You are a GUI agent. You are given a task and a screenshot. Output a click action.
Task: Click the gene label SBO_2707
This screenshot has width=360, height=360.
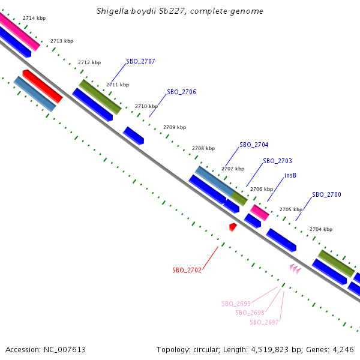pos(140,61)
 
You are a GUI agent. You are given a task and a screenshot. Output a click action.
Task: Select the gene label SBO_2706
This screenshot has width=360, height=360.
pos(181,92)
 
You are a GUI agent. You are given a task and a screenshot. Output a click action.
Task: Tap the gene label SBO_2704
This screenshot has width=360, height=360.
pos(254,145)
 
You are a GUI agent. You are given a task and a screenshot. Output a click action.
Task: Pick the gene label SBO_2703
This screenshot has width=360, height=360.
pos(277,161)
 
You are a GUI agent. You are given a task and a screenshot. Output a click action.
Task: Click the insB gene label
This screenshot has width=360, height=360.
pos(290,176)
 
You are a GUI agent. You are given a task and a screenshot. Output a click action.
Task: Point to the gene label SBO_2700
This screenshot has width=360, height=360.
pos(326,194)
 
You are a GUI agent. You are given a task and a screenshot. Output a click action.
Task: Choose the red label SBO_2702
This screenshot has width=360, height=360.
pos(187,270)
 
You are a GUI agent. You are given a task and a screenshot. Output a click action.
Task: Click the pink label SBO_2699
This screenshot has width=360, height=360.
pos(236,304)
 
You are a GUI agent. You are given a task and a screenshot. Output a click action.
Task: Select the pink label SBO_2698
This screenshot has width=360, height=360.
pos(250,313)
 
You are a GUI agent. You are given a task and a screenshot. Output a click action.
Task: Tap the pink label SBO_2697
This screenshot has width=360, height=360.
pos(264,322)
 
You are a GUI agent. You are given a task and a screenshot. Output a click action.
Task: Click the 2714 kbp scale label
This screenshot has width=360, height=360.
pos(34,19)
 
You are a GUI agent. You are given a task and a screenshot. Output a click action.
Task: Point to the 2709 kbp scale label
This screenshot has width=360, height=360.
pos(175,127)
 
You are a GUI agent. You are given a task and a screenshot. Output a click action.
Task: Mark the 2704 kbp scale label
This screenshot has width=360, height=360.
pos(320,229)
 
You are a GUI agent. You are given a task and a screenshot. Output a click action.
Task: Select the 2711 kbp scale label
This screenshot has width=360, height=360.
pos(118,85)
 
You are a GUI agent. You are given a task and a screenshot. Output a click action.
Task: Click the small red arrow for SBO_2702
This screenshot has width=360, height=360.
pos(233,226)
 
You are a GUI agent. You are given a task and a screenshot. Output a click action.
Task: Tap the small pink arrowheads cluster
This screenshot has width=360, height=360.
pos(295,269)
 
